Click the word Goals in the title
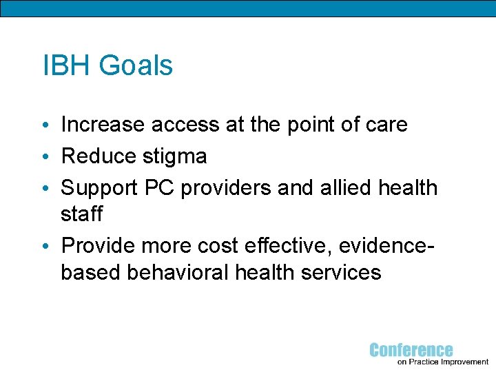(x=136, y=66)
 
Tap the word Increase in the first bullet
(x=103, y=125)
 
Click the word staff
(x=81, y=214)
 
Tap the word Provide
(x=99, y=246)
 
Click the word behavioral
(x=180, y=272)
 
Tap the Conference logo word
(x=411, y=350)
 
